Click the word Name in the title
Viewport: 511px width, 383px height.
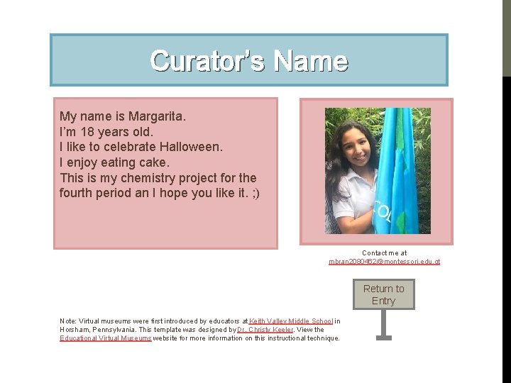point(311,61)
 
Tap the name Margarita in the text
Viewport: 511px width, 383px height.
point(156,116)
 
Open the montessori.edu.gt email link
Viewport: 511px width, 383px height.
point(384,262)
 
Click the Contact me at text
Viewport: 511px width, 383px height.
point(384,252)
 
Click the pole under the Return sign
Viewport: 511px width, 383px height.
point(383,323)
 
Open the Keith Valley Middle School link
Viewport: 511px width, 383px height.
point(291,321)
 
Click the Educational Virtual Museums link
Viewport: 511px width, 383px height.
point(105,338)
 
